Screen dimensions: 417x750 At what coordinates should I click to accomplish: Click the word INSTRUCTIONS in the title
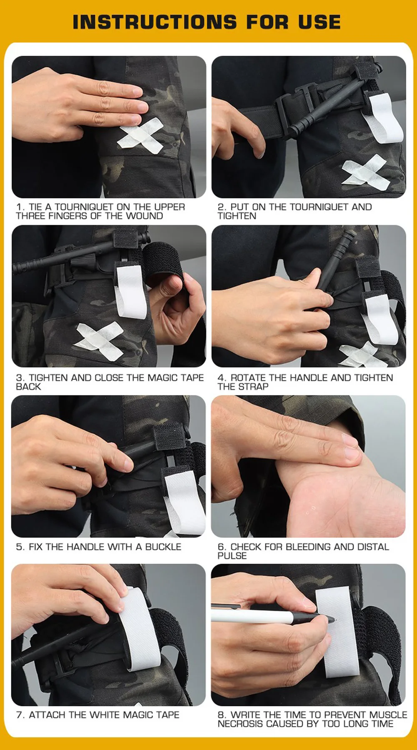pos(155,22)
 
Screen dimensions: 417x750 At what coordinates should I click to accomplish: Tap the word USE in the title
pos(319,22)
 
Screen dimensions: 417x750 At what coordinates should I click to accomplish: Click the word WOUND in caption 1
pos(144,216)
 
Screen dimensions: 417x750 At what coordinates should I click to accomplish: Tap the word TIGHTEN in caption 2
pos(237,216)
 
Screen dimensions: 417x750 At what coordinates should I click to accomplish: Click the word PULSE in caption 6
pos(232,556)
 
